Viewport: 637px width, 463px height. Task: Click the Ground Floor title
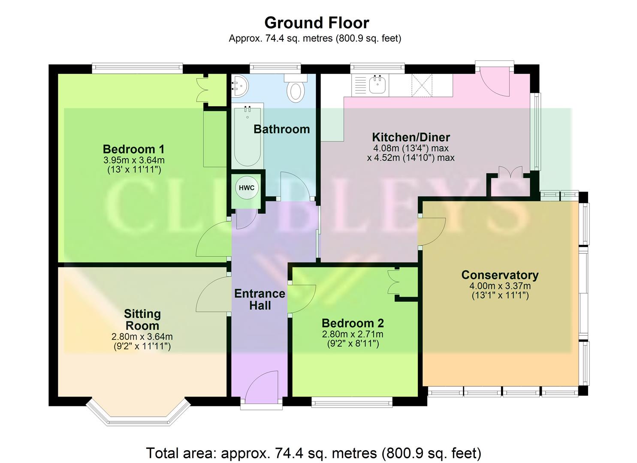point(317,22)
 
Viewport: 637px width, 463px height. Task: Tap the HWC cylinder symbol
point(247,188)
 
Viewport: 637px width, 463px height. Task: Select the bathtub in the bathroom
point(247,135)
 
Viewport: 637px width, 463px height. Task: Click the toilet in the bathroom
point(296,90)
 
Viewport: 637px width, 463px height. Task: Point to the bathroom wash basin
point(239,86)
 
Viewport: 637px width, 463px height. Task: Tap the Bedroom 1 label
point(133,149)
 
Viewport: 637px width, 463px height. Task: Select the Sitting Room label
point(142,319)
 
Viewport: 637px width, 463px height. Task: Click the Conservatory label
point(500,275)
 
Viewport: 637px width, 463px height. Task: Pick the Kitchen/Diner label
point(411,137)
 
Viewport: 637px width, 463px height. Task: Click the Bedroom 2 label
point(353,323)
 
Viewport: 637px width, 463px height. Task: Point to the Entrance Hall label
point(260,299)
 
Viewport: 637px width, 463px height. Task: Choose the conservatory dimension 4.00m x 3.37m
point(500,286)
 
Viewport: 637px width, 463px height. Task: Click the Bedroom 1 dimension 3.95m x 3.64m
point(134,160)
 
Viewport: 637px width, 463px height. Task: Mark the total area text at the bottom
point(314,453)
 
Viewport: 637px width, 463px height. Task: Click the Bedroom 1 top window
point(137,68)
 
